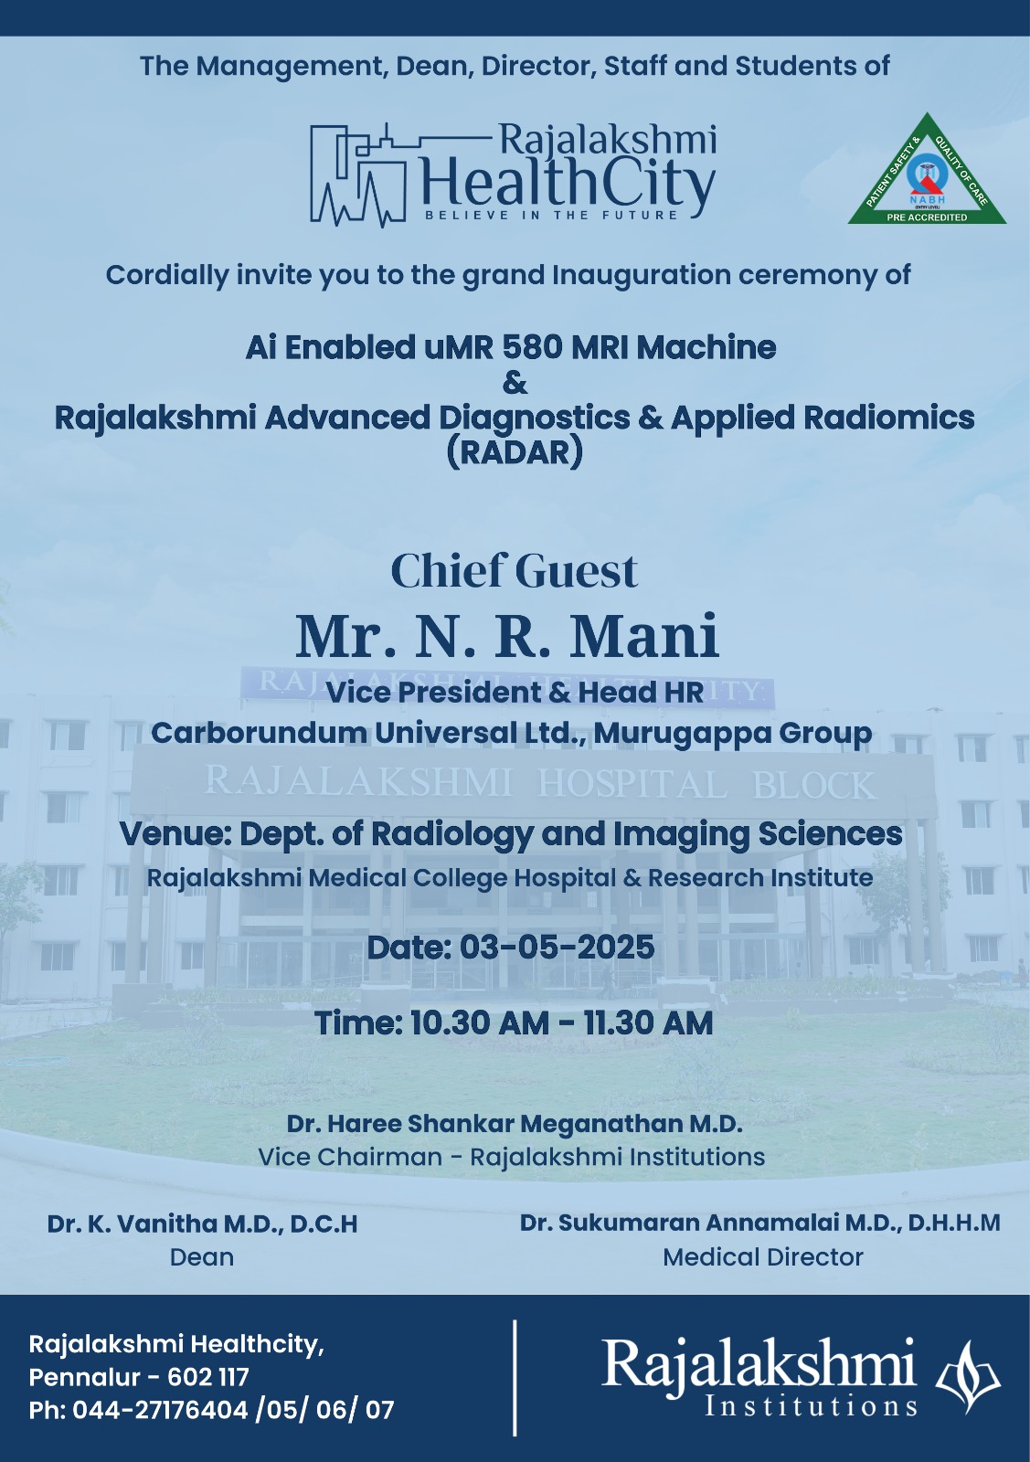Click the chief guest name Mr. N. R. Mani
pos(507,637)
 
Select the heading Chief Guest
pos(514,571)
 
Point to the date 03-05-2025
pos(557,948)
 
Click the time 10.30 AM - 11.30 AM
pos(561,1023)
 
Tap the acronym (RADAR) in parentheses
pos(515,452)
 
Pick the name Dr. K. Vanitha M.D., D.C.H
pos(202,1224)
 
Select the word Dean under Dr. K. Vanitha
pos(202,1257)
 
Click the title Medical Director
pos(762,1257)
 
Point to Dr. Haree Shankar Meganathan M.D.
pos(514,1123)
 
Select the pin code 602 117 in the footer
pos(208,1377)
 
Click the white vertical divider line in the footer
pos(515,1377)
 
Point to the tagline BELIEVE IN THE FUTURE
pos(552,216)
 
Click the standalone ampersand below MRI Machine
pos(515,383)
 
